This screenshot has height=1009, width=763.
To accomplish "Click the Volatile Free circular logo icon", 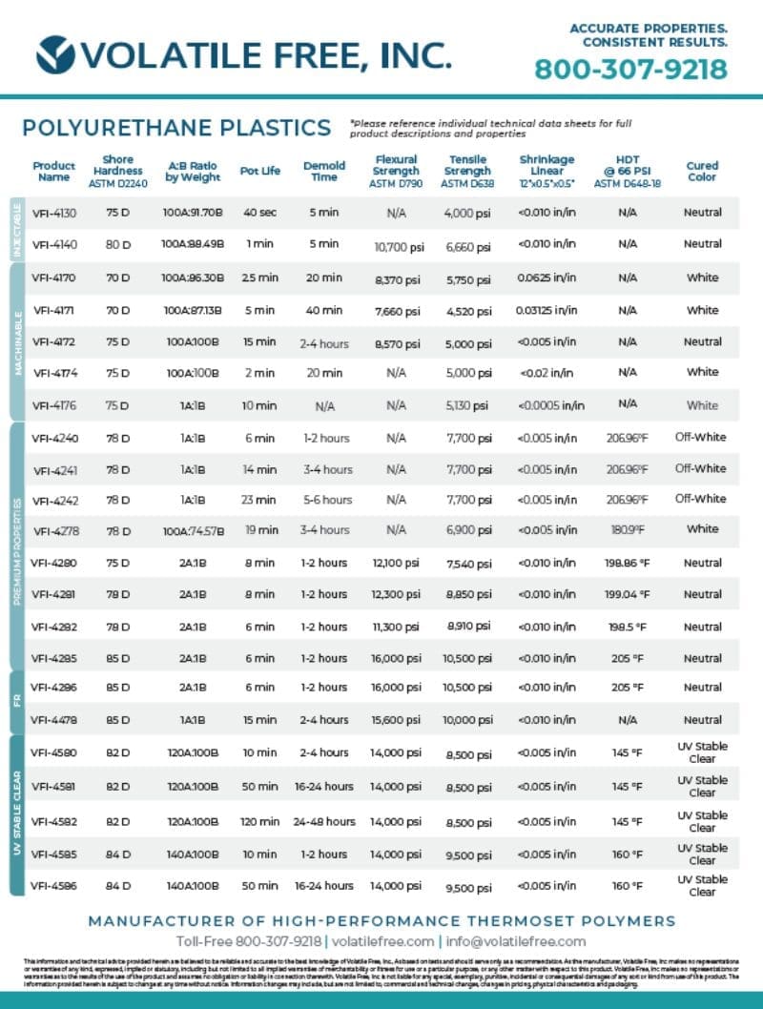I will click(x=55, y=54).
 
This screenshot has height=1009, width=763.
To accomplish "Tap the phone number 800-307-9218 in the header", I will click(x=630, y=70).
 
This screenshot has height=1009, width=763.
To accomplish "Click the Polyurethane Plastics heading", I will click(x=176, y=128).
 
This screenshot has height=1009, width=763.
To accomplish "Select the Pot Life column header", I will click(x=259, y=171).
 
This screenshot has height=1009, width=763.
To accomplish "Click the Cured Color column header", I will click(x=702, y=171).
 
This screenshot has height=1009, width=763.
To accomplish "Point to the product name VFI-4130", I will click(x=53, y=213).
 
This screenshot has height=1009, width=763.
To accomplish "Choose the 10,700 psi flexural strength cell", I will click(x=397, y=247).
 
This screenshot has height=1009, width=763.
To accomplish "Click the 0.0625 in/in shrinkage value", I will click(x=546, y=278).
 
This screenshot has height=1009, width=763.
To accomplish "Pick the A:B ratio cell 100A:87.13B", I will click(x=192, y=310).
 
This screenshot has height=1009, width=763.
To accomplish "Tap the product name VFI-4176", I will click(x=53, y=405).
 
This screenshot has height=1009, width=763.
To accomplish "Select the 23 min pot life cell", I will click(x=259, y=500).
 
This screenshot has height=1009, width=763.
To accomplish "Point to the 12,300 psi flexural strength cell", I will click(x=397, y=594).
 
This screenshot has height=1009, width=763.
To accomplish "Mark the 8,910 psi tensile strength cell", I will click(x=468, y=627).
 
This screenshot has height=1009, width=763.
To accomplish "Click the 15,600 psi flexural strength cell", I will click(x=397, y=720).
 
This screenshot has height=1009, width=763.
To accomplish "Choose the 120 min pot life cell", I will click(x=259, y=821).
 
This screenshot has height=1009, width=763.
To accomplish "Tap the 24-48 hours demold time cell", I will click(x=324, y=821).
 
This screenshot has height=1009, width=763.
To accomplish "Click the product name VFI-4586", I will click(x=53, y=886).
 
